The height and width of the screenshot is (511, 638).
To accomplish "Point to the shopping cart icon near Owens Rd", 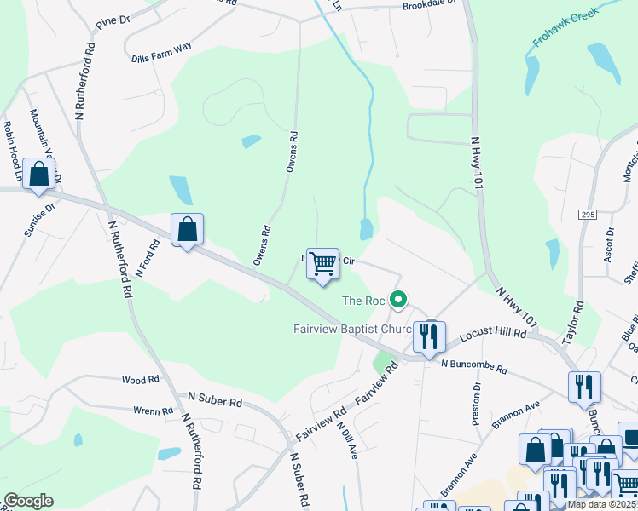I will [x=322, y=265].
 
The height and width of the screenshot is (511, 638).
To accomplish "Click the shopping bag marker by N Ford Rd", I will [x=188, y=229].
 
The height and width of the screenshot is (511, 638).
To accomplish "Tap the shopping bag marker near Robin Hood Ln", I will [x=39, y=175].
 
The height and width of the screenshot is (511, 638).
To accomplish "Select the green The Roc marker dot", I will [x=397, y=300].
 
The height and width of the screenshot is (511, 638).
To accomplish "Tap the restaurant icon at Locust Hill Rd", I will [x=429, y=336].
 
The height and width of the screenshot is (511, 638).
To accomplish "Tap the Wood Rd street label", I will [x=141, y=380].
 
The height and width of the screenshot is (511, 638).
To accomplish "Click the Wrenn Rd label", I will [x=154, y=411].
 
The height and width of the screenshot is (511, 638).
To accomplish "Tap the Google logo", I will [x=28, y=501].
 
